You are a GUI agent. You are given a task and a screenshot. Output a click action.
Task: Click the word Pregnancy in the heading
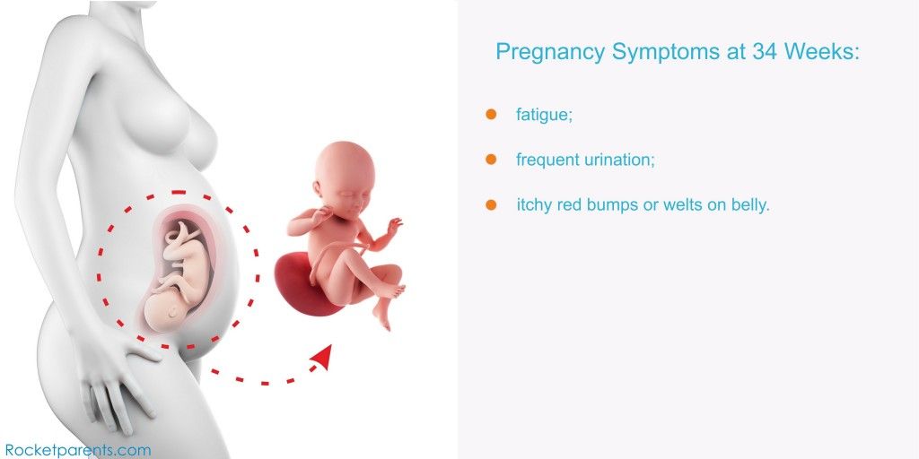[550, 52]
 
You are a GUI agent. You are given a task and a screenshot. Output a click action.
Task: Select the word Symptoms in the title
[665, 52]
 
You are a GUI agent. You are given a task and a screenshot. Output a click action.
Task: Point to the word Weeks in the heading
[820, 51]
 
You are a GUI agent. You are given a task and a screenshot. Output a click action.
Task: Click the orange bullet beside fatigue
[491, 114]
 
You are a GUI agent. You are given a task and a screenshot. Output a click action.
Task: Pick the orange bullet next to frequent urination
[491, 160]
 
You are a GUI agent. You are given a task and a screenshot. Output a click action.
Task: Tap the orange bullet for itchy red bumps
[491, 205]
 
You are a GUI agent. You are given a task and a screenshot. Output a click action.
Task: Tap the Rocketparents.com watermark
[78, 450]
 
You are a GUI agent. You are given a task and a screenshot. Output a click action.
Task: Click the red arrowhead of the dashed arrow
[322, 357]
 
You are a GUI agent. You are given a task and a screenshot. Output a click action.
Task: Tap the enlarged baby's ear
[318, 189]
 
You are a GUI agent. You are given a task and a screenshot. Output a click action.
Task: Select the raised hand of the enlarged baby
[395, 225]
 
